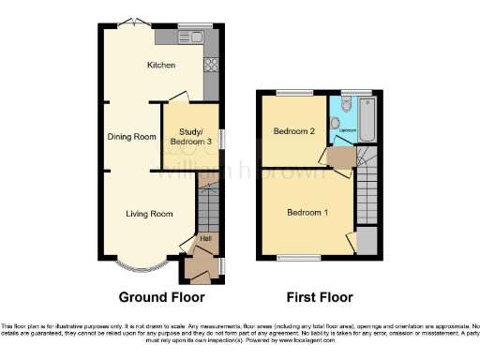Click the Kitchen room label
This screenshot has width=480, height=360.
157,65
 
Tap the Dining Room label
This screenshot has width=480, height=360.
131,137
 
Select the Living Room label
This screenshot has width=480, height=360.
150,214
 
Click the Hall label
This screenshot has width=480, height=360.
204,240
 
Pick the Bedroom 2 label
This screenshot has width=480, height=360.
293,131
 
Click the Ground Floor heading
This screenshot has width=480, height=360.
161,297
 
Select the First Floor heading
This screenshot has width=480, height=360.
321,297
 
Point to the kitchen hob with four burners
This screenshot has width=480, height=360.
211,66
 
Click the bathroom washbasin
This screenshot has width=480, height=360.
335,122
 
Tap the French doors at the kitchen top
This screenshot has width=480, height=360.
138,22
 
